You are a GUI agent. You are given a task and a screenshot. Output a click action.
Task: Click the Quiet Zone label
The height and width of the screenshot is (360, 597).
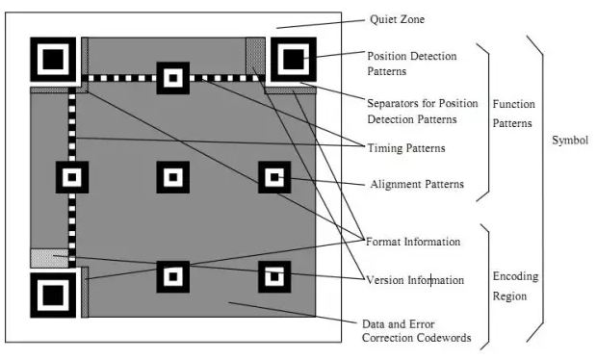(x=397, y=19)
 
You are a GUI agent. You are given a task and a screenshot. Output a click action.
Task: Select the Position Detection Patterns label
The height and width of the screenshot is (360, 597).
(x=412, y=64)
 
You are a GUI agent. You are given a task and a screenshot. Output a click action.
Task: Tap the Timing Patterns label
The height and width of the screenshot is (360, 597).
(x=406, y=148)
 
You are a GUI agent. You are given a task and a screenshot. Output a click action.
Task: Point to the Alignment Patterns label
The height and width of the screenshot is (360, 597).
(x=417, y=184)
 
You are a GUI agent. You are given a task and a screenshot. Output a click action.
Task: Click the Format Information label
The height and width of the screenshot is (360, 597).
(x=413, y=242)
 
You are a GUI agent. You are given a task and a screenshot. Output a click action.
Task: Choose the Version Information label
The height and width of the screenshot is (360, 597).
(x=415, y=280)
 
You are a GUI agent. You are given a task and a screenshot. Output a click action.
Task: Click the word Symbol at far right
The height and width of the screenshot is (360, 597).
(x=570, y=141)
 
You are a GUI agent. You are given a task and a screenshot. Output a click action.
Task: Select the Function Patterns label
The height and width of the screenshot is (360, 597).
(x=513, y=114)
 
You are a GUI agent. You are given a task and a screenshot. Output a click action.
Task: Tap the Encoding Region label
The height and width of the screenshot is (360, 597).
(x=515, y=286)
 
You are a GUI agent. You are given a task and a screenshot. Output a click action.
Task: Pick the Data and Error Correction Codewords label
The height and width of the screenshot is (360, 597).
(x=417, y=331)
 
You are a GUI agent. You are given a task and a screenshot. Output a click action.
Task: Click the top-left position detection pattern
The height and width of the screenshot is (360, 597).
(x=53, y=60)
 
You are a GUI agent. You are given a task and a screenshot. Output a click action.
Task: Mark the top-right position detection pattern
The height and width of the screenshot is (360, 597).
(x=293, y=60)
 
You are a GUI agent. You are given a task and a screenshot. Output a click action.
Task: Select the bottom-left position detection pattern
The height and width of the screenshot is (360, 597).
(x=53, y=296)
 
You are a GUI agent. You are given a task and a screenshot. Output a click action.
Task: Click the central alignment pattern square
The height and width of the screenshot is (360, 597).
(x=173, y=177)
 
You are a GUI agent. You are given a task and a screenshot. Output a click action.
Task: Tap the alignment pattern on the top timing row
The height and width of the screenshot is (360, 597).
(x=173, y=78)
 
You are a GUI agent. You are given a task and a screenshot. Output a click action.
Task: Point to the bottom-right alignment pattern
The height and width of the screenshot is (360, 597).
(x=274, y=276)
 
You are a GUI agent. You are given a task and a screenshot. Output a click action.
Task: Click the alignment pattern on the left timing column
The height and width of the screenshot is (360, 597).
(x=72, y=177)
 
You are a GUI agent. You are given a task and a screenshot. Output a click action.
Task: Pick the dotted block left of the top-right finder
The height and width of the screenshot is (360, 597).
(x=255, y=56)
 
